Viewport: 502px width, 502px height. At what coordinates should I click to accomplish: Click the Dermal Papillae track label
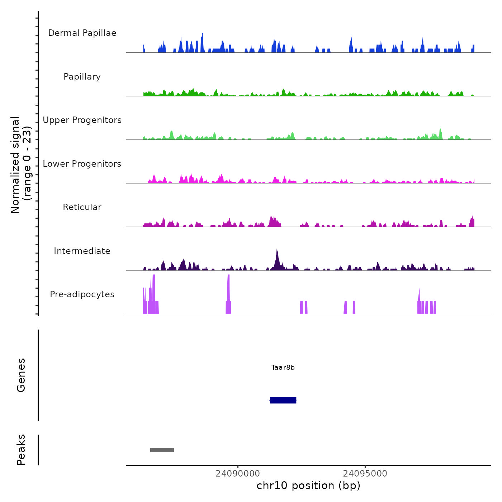[82, 33]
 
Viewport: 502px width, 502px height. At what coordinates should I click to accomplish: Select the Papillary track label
[82, 77]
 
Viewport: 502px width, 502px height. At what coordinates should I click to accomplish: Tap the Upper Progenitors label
[82, 120]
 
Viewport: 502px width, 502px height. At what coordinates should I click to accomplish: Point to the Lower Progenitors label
[82, 164]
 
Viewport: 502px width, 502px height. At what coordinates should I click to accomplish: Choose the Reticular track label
[82, 207]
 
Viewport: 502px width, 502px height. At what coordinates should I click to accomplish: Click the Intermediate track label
[82, 251]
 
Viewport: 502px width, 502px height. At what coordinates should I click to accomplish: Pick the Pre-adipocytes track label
[82, 294]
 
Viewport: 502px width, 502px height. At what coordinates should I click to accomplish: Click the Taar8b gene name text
[283, 368]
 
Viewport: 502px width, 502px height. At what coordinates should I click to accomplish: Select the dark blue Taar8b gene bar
[283, 400]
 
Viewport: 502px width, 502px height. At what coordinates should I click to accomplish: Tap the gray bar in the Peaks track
[162, 450]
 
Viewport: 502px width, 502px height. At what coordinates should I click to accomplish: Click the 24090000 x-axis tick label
[238, 474]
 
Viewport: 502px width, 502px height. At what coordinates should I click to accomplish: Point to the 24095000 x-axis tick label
[365, 474]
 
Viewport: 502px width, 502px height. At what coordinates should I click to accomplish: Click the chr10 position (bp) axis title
[308, 486]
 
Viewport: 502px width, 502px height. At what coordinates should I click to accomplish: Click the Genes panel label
[21, 375]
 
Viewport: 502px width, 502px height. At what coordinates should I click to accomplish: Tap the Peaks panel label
[21, 450]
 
